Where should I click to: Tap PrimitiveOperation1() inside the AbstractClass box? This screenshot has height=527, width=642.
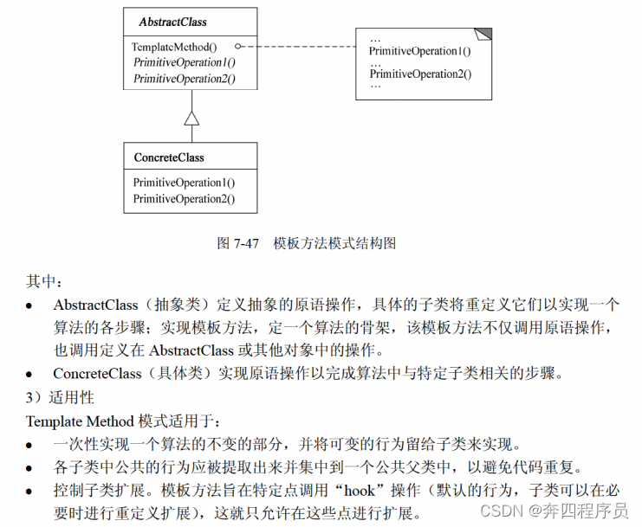pos(184,62)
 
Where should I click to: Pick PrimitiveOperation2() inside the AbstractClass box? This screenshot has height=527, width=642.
pos(184,79)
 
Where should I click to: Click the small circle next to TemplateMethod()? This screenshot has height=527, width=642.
pos(238,46)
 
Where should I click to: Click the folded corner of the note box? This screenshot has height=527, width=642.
pos(484,34)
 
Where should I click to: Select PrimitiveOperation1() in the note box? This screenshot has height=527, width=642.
pos(420,52)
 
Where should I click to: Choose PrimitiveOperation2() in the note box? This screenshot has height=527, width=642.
pos(420,74)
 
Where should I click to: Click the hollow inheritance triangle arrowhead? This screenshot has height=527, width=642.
pos(191,119)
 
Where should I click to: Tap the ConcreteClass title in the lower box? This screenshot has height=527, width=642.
pos(169,157)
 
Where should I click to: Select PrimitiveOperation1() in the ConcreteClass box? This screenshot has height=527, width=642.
pos(184,183)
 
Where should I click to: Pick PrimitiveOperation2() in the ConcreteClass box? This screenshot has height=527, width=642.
pos(184,199)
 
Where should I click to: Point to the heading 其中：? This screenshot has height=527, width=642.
pos(45,282)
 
